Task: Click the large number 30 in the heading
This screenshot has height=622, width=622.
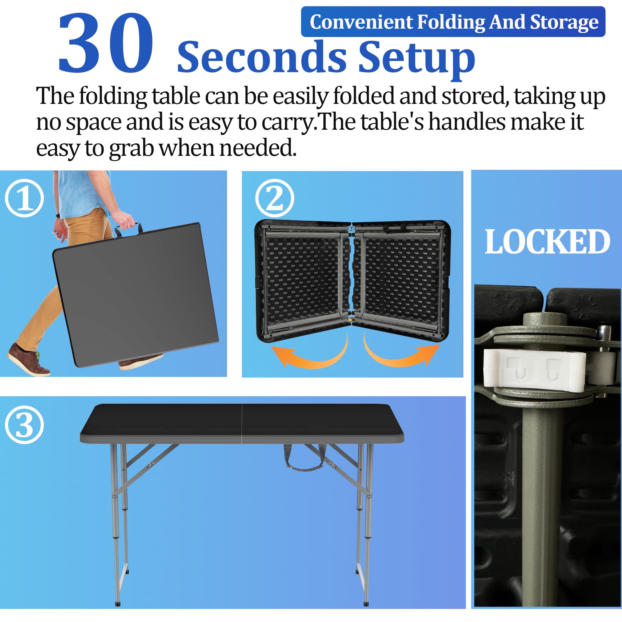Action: pos(106,43)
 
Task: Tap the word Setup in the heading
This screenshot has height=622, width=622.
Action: pos(417,58)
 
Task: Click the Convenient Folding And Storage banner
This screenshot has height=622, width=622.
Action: pos(453,21)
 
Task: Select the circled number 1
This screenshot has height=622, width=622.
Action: pos(25,198)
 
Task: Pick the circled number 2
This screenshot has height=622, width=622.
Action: pos(275,198)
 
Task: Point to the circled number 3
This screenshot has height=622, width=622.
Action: pos(25,425)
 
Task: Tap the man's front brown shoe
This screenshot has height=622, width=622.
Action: pos(28,360)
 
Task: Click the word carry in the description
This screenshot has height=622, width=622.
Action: pos(287,123)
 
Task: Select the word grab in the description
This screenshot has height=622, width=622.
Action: pos(131,149)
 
